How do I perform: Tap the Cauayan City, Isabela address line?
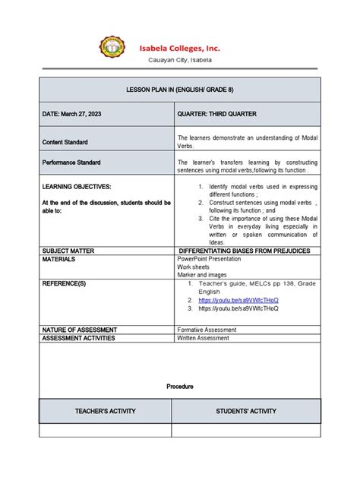point(179,60)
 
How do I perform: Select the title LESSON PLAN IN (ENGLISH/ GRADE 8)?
point(180,90)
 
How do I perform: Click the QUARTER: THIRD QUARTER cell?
point(217,114)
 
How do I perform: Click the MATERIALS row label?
point(62,259)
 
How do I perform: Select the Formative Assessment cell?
point(210,330)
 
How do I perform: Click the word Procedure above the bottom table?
point(180,387)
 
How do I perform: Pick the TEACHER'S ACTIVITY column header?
point(105,411)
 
